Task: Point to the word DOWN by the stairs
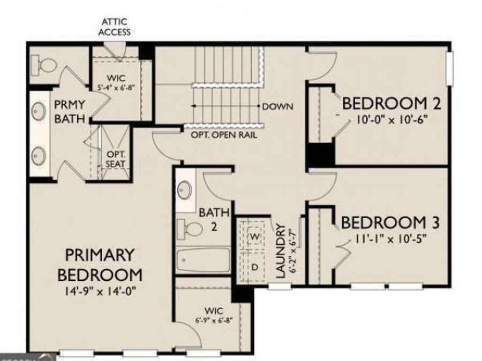[x=277, y=106]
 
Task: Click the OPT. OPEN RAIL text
[x=223, y=135]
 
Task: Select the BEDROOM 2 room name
[x=388, y=102]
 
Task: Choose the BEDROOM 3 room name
[x=387, y=221]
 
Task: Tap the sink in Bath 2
[x=186, y=190]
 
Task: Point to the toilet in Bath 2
[x=189, y=228]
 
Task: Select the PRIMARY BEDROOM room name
[x=100, y=265]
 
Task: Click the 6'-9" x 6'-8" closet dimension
[x=214, y=322]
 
